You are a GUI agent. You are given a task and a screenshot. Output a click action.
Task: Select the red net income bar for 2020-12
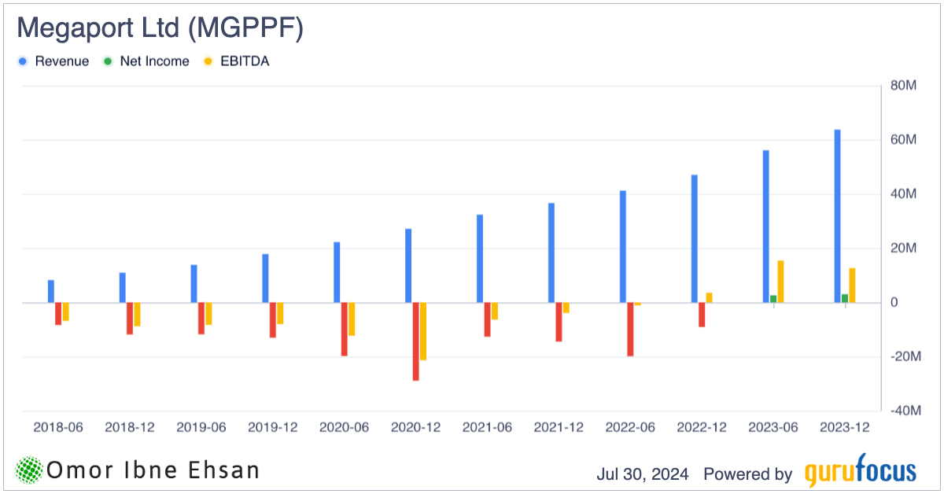(415, 341)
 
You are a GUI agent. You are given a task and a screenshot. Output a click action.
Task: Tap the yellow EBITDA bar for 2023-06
(780, 282)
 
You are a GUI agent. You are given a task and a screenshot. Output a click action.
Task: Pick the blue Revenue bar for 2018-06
(51, 291)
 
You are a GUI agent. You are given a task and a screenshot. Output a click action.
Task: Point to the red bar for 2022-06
(630, 329)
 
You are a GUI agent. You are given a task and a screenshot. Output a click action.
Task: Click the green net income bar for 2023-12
(845, 298)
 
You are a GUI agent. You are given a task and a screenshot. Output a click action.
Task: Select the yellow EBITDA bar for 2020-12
(423, 331)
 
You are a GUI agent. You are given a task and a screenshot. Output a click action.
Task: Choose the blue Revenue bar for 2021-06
(480, 258)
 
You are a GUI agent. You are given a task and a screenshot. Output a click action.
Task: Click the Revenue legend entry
(54, 61)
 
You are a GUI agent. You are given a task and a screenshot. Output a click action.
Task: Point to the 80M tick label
(905, 86)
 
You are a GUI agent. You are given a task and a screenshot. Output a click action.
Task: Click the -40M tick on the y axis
(903, 411)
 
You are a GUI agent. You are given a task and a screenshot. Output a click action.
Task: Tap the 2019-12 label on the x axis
(273, 428)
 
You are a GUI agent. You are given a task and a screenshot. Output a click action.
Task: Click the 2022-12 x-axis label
(702, 428)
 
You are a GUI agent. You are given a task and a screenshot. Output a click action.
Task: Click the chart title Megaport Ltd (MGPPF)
(160, 28)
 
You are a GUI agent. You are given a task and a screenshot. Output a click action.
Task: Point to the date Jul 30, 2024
(643, 474)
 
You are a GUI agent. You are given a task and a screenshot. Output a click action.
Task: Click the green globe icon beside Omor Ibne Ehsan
(29, 470)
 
